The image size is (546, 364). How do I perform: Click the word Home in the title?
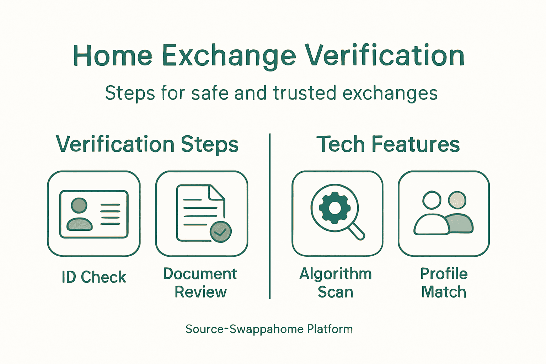click(113, 56)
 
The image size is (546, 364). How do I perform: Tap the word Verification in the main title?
click(385, 56)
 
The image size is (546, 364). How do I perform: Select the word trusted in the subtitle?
click(304, 93)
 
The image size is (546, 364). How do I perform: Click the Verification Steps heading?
click(147, 144)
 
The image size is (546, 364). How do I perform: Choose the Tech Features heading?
click(388, 144)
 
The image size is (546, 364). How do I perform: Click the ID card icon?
click(94, 214)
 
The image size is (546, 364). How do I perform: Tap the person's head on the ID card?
click(79, 205)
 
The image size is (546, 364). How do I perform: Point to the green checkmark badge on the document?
click(221, 232)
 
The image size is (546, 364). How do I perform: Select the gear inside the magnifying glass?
click(335, 208)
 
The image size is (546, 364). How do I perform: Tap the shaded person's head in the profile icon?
click(457, 200)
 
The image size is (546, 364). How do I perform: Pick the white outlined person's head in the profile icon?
click(432, 200)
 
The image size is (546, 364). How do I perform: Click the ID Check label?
click(94, 277)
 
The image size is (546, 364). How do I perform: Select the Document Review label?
click(200, 283)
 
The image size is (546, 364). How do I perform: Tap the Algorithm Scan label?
click(336, 283)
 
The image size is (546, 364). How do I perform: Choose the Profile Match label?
click(444, 283)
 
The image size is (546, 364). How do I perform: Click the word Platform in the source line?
click(330, 329)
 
